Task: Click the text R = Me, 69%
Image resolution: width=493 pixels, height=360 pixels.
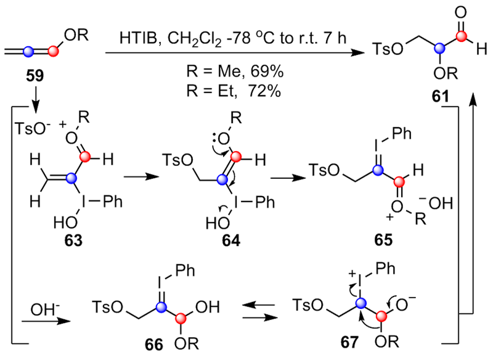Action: tap(234, 72)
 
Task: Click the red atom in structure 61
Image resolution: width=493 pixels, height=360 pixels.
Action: tap(442, 41)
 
